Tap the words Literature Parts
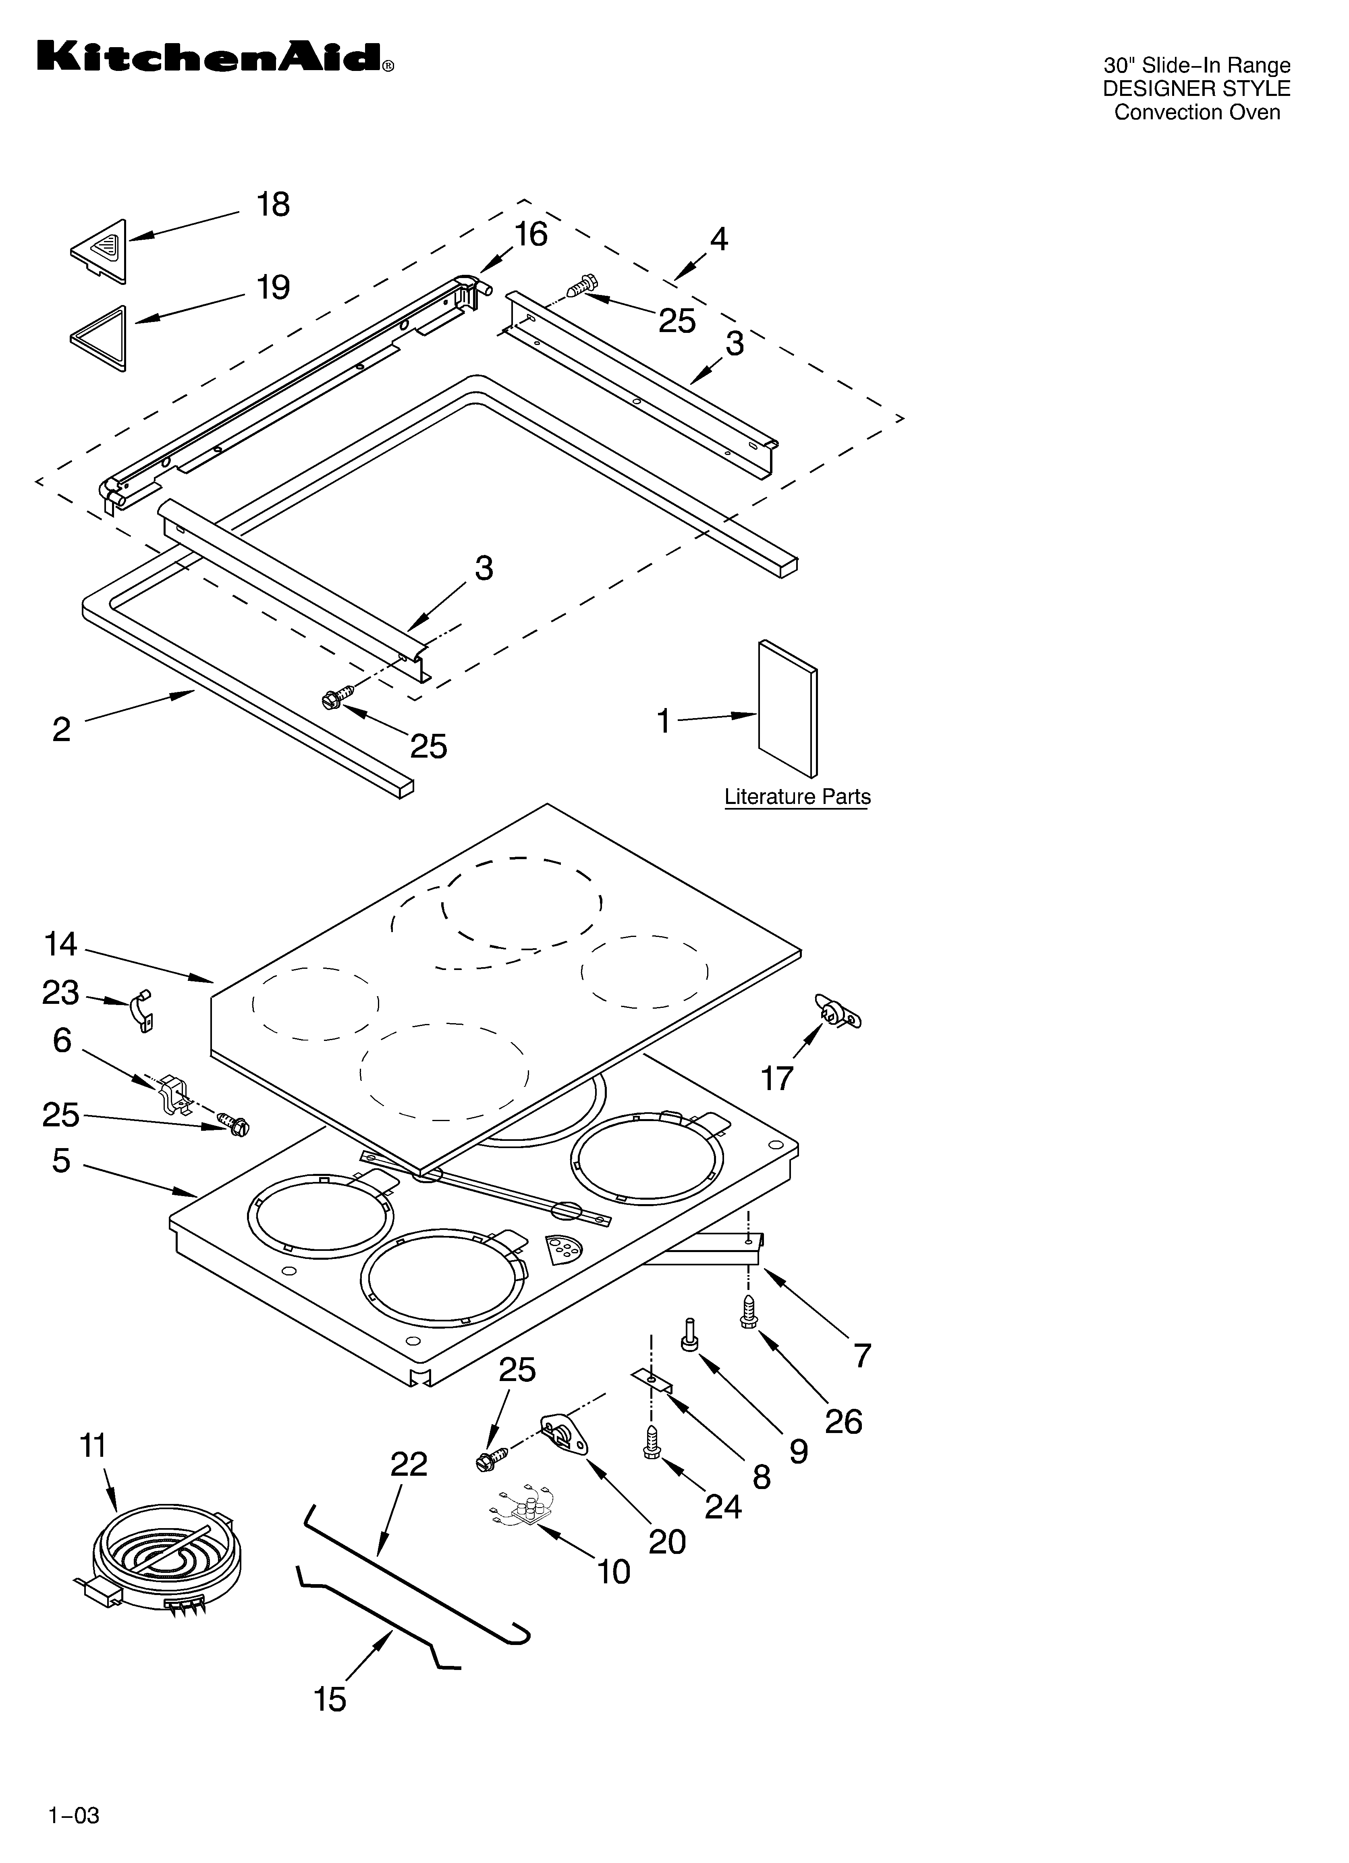tap(797, 797)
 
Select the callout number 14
tap(61, 945)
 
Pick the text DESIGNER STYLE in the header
tap(1196, 89)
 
